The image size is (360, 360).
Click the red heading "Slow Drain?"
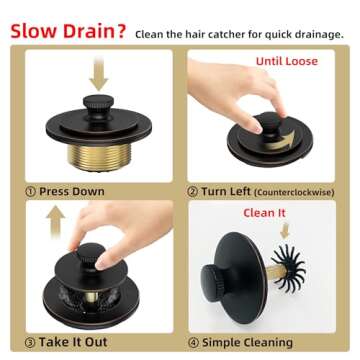click(x=66, y=30)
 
